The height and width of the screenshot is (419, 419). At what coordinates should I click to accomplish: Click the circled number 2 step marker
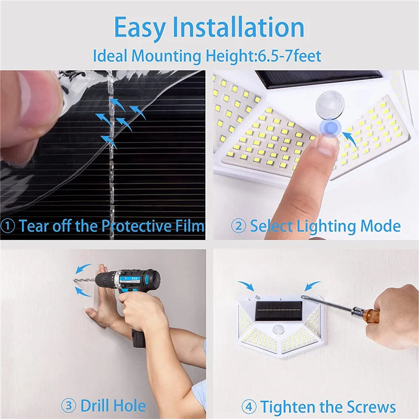click(x=238, y=226)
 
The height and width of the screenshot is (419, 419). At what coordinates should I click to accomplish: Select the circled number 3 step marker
click(x=68, y=405)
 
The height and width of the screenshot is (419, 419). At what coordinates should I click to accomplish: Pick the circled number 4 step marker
click(x=248, y=407)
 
